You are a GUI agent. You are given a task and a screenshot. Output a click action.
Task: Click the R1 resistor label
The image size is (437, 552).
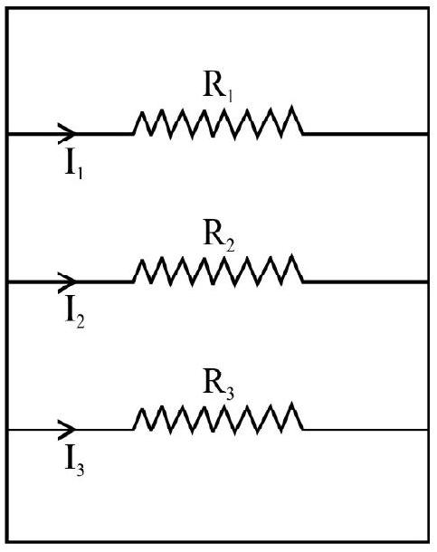(x=218, y=88)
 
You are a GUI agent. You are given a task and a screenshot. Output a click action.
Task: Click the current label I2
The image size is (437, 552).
(x=75, y=314)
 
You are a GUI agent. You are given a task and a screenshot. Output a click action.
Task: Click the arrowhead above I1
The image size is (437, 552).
(x=67, y=134)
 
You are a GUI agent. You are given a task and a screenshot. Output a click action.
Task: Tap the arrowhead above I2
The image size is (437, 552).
(x=67, y=281)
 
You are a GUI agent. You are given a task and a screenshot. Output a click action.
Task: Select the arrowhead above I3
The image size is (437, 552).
(x=67, y=430)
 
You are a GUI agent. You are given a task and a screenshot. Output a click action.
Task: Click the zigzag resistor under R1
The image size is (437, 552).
(x=218, y=122)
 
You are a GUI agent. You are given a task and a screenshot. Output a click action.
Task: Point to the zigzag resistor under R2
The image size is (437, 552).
(x=218, y=270)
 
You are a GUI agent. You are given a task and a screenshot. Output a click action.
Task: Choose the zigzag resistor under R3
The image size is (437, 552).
(x=218, y=418)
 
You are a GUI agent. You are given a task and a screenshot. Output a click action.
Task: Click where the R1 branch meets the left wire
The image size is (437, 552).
(x=7, y=134)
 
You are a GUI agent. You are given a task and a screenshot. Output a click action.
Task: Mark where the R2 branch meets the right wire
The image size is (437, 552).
(x=428, y=281)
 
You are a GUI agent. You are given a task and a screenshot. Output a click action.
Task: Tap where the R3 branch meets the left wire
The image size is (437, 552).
(x=7, y=430)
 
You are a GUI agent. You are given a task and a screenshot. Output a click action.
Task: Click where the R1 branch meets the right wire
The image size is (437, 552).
(x=428, y=134)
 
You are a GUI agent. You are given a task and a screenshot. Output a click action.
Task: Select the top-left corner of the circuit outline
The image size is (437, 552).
(x=7, y=9)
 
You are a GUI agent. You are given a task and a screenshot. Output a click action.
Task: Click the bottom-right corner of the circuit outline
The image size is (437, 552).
(x=428, y=542)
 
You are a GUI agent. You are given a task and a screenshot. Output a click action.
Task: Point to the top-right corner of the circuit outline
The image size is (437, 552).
(x=428, y=9)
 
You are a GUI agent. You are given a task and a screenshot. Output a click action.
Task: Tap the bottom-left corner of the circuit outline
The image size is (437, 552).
(x=7, y=542)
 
